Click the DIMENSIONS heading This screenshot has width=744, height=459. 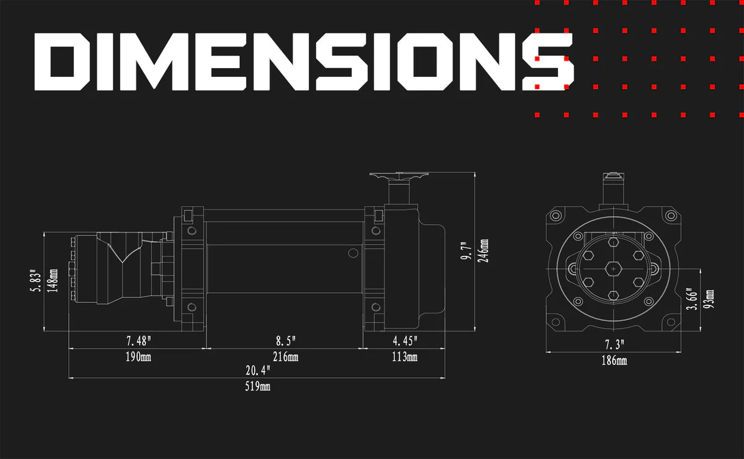[304, 62]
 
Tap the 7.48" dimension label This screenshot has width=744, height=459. [139, 341]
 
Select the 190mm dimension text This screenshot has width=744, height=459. [138, 357]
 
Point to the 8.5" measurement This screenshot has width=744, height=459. [286, 341]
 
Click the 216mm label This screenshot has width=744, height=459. [286, 357]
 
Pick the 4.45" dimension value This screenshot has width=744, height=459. [405, 341]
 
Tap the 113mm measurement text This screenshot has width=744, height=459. [404, 357]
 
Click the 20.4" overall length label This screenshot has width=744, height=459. [258, 370]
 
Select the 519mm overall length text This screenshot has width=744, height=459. [258, 387]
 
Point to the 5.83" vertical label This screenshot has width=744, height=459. [36, 281]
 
